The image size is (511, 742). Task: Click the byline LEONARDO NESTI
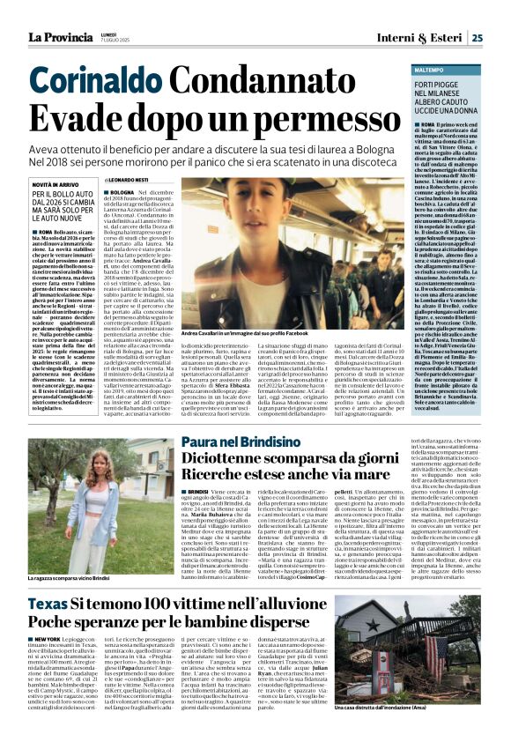pos(134,179)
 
